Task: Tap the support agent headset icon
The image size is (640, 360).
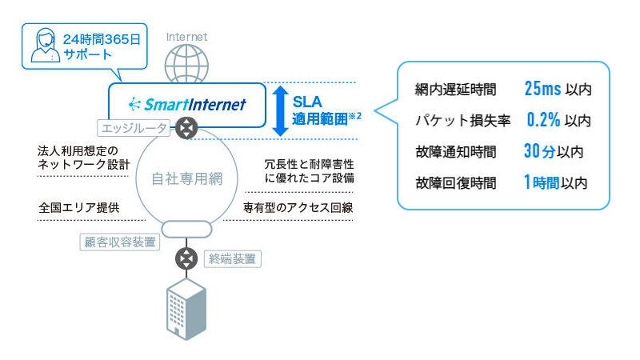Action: (x=44, y=46)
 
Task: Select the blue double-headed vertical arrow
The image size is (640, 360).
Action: (x=280, y=110)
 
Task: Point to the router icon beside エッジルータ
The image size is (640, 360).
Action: (x=186, y=127)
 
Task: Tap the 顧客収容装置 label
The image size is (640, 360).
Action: (x=118, y=242)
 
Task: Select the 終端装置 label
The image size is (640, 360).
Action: (x=234, y=258)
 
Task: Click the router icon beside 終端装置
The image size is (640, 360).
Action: (x=186, y=258)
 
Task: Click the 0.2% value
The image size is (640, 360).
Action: (x=543, y=120)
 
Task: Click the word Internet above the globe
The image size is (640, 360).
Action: (x=186, y=37)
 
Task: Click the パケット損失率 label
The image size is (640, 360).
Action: (x=462, y=121)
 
